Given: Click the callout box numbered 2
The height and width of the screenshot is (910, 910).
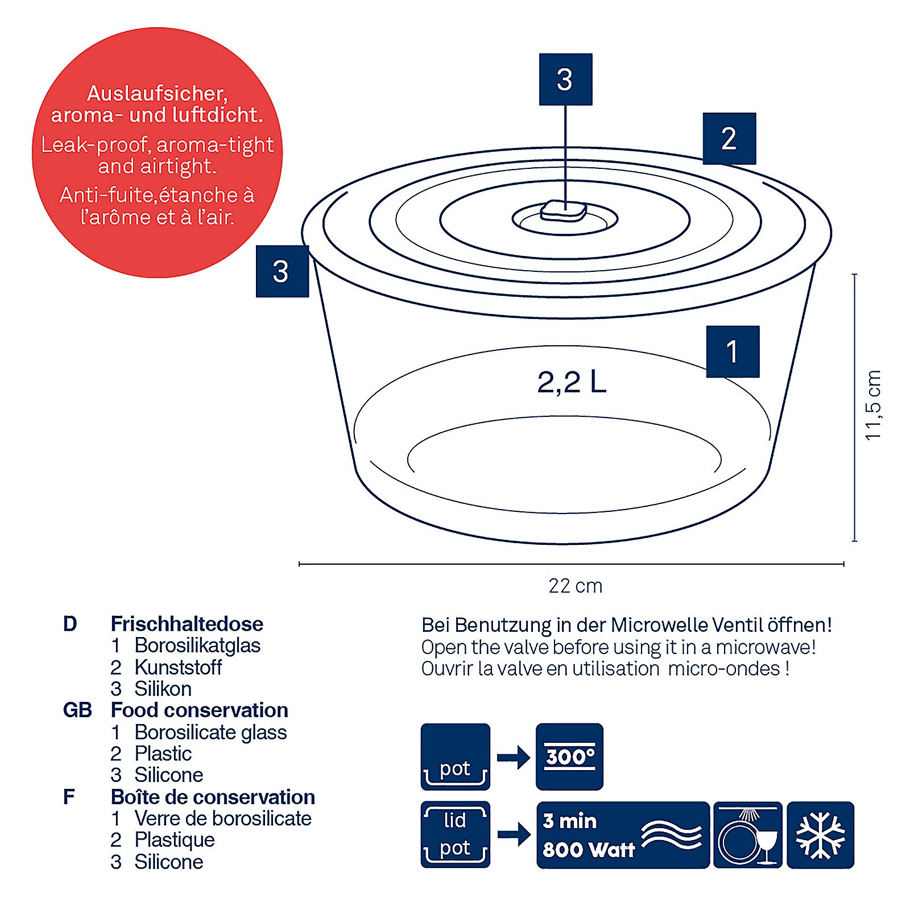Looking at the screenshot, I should (x=729, y=139).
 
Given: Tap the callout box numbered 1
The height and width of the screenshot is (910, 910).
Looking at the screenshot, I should (x=733, y=351).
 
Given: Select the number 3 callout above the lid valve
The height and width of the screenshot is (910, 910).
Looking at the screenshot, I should (x=565, y=80).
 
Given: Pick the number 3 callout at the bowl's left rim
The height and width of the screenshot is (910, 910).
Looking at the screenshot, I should (x=282, y=271).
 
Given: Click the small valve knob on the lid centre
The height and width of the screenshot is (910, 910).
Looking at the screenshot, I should (x=563, y=211).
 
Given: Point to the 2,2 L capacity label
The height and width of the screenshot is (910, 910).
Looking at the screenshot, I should (x=572, y=382).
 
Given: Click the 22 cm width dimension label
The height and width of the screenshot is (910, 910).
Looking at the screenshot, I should (x=575, y=586).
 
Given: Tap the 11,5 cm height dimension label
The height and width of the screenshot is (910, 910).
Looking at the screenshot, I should (x=872, y=405).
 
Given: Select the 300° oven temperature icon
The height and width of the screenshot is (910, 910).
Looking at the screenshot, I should (x=569, y=756).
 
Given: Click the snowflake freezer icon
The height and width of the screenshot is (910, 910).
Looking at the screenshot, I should (x=820, y=834).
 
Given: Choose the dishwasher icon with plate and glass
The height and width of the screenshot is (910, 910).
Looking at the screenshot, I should (x=747, y=834).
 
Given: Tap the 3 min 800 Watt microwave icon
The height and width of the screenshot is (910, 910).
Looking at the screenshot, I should (x=623, y=834).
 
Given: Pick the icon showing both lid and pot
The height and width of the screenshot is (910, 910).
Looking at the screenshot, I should (x=455, y=834).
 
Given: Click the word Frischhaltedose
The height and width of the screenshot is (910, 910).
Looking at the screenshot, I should (x=187, y=624).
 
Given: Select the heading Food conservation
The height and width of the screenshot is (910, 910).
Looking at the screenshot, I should (x=199, y=710).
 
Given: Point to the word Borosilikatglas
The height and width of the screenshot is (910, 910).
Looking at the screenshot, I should (x=197, y=646).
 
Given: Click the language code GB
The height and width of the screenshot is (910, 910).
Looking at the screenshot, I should (x=77, y=710).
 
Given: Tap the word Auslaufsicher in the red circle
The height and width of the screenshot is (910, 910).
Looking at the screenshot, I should (x=157, y=93).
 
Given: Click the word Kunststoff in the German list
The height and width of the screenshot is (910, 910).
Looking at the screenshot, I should (x=178, y=667).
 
